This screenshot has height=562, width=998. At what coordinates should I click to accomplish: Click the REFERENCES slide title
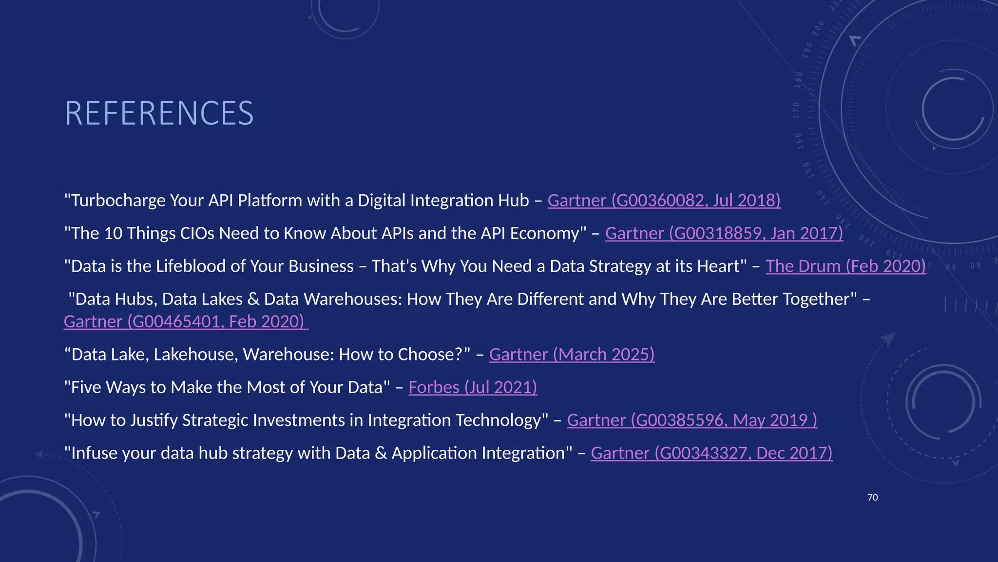159,113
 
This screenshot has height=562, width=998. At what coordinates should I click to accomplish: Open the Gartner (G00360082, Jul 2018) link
664,201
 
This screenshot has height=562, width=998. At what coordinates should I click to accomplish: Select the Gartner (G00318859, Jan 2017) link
724,233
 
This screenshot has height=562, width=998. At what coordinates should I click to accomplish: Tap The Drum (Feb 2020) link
845,266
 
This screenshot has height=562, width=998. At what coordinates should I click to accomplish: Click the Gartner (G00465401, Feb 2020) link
186,321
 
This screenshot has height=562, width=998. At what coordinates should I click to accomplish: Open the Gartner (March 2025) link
572,355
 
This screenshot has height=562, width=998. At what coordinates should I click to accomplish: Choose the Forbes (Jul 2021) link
473,387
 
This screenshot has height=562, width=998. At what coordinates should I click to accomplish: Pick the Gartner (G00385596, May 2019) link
692,420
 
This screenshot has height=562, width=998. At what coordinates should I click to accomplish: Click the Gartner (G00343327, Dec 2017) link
711,453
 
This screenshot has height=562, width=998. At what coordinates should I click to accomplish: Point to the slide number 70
873,498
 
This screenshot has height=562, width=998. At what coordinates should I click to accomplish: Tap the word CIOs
197,233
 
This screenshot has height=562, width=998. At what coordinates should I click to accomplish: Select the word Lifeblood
191,266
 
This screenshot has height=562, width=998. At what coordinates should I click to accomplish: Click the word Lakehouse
196,355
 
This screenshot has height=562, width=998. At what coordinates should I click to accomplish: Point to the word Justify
154,420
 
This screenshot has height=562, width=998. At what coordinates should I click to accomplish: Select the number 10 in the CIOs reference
113,233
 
